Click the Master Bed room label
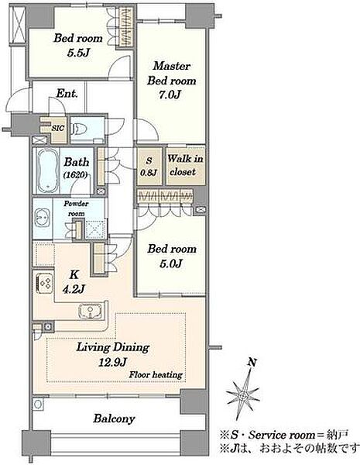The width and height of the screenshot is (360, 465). (x=172, y=73)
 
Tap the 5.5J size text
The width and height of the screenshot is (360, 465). (x=78, y=53)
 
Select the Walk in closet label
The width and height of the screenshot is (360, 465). (x=185, y=165)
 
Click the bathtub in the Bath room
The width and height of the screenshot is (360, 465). (x=47, y=170)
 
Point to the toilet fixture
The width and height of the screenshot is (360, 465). (x=79, y=129)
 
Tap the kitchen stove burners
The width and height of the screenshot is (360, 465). (x=45, y=284)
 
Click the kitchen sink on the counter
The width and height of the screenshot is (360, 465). (x=90, y=312)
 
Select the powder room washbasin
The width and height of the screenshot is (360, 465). (x=43, y=219)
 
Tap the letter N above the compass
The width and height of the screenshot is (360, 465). (x=252, y=362)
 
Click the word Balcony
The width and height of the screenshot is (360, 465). (x=114, y=418)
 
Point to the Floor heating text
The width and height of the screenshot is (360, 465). (x=156, y=374)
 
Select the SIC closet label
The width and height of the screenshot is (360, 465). (x=58, y=128)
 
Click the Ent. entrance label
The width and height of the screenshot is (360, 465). (x=67, y=94)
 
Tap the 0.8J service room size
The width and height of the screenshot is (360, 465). (x=149, y=173)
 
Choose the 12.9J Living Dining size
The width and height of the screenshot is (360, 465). (x=112, y=362)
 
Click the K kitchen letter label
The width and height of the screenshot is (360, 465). (x=74, y=274)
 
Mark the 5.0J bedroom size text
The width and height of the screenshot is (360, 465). (x=170, y=263)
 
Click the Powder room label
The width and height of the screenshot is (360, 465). (x=76, y=208)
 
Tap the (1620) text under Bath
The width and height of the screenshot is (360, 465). (x=76, y=175)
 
